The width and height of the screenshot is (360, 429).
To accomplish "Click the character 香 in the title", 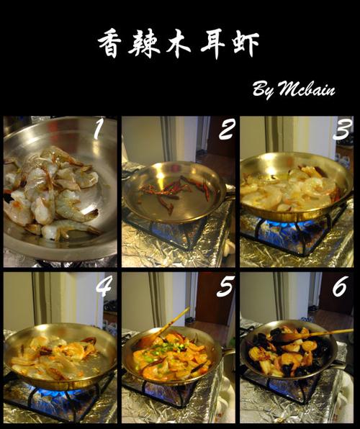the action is (109, 44).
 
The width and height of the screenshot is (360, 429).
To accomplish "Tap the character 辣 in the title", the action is (143, 44).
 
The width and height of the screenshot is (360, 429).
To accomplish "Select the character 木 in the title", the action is (178, 44).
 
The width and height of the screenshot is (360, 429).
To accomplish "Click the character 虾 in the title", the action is (246, 45).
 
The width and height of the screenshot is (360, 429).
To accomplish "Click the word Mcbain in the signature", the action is (307, 88).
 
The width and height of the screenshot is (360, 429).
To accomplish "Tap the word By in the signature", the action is (262, 90).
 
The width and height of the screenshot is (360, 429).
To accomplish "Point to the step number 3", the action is (342, 130).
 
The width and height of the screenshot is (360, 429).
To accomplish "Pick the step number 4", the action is (104, 286).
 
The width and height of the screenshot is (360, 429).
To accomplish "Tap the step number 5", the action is (225, 286).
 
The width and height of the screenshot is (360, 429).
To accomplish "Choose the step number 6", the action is (341, 286).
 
